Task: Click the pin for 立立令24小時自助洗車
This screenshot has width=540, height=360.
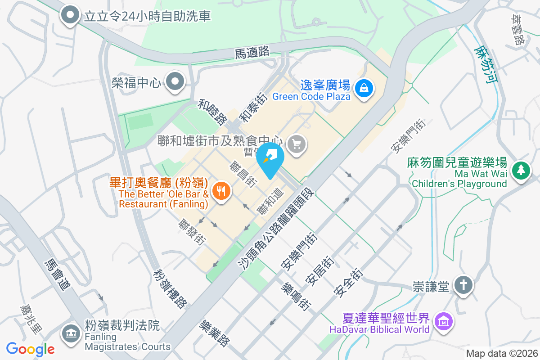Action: point(70,15)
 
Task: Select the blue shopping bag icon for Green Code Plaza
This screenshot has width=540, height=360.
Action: point(363,88)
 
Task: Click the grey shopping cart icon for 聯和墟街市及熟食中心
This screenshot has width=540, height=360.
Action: point(297,144)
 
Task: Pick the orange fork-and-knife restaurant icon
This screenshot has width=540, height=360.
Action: point(220,191)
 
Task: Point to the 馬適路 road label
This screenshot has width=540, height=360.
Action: point(252,52)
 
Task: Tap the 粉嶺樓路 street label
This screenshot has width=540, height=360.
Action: point(170,288)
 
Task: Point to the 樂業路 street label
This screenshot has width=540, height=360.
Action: point(215,333)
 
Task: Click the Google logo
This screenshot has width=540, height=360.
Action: point(31,349)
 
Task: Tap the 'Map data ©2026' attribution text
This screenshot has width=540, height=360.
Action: point(501,354)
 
